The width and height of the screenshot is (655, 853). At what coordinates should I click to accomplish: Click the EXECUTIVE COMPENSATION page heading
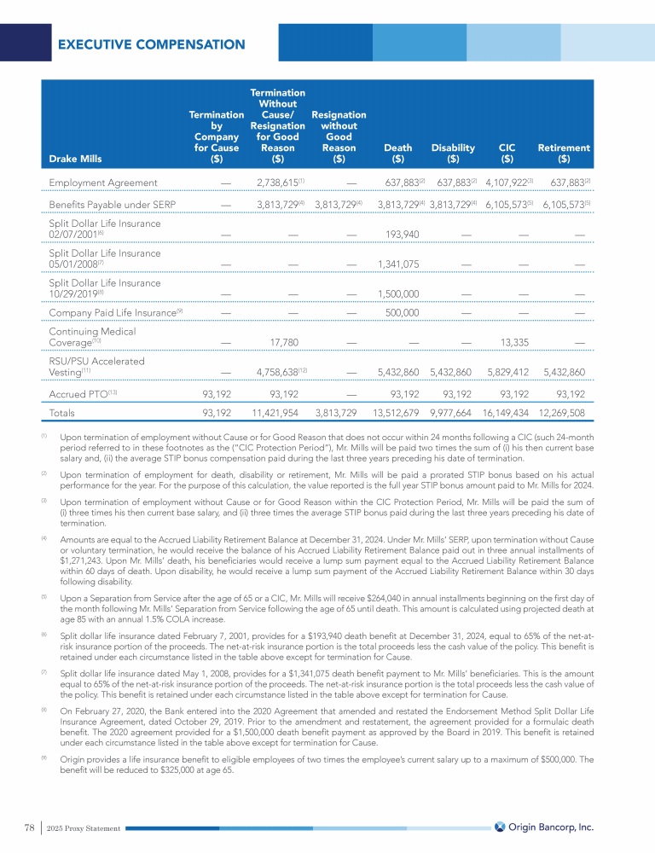click(151, 44)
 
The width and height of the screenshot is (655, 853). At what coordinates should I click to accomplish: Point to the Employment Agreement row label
click(102, 183)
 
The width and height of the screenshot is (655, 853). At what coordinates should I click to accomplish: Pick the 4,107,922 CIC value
click(505, 183)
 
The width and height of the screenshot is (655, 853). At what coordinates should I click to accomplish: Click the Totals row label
click(61, 413)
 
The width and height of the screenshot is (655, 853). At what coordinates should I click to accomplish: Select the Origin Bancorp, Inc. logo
click(543, 827)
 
